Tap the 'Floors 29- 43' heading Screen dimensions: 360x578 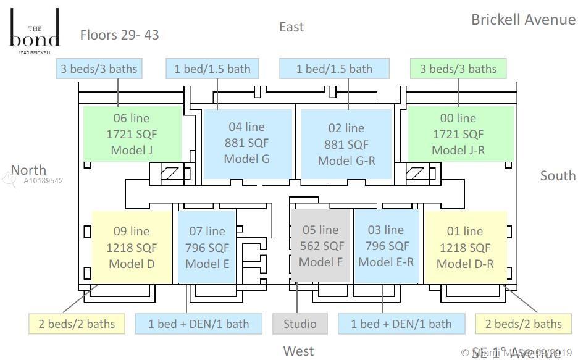pos(119,35)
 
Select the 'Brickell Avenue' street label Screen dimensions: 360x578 pos(523,19)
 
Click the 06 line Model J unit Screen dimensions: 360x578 pos(132,134)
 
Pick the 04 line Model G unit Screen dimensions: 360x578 pos(247,143)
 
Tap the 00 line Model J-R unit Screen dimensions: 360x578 pos(461,134)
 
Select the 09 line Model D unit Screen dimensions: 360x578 pos(132,248)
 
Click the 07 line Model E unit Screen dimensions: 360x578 pos(207,247)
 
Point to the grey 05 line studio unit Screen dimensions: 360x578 pos(320,246)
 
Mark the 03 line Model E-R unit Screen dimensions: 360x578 pos(386,246)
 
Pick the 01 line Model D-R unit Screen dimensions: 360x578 pos(465,248)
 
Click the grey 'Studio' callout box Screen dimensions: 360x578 pos(300,324)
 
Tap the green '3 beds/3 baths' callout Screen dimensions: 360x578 pos(458,69)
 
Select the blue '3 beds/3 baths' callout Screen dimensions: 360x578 pos(99,69)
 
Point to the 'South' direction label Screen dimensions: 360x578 pos(558,175)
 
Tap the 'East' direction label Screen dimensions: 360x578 pos(291,27)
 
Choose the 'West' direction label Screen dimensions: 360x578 pos(298,351)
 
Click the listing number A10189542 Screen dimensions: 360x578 pos(43,181)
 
